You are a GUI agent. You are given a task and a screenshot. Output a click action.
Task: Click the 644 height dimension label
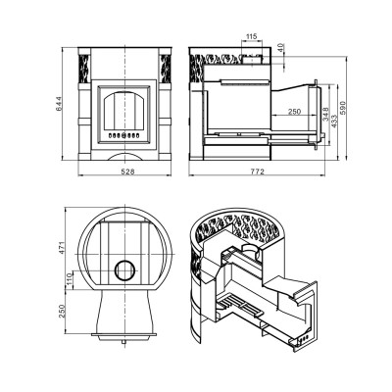point(60,104)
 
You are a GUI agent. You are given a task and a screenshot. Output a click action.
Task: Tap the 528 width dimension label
point(127,171)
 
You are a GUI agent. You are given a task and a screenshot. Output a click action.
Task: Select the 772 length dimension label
point(257,171)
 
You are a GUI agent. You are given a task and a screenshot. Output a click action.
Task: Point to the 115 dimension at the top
point(251,36)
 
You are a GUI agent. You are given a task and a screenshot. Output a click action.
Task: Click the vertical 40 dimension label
point(281,48)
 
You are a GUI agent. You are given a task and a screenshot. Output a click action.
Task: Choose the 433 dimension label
point(334,121)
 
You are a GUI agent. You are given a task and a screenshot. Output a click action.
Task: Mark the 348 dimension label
point(325,114)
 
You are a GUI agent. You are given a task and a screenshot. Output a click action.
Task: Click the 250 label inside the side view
point(294,112)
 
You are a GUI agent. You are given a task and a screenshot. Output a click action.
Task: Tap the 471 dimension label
point(63,248)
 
